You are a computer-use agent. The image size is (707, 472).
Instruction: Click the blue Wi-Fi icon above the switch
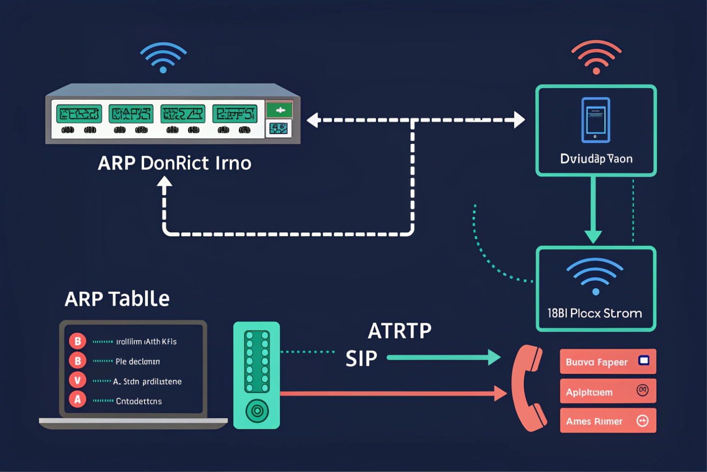coord(163,58)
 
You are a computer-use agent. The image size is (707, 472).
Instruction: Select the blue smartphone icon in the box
coord(595,120)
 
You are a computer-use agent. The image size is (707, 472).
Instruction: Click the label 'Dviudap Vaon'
coord(596,159)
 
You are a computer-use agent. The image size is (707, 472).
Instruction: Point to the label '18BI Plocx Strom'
coord(595,313)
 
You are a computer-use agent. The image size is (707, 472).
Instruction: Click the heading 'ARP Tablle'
coord(117,299)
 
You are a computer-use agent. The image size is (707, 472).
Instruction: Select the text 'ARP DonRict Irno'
coord(174,163)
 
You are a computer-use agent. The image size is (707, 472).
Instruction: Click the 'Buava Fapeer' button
coord(608,362)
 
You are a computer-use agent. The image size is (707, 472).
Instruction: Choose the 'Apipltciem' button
coord(608,391)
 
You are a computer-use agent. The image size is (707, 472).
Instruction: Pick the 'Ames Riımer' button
coord(608,421)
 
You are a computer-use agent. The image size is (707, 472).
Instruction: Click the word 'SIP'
coord(361,359)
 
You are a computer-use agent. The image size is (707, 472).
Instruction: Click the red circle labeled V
coord(78,380)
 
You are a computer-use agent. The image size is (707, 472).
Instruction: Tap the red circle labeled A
coord(78,399)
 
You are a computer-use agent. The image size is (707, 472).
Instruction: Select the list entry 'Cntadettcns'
coord(139,401)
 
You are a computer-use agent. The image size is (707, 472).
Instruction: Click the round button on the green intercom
coord(257,411)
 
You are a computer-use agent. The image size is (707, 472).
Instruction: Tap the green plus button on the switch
coord(280,110)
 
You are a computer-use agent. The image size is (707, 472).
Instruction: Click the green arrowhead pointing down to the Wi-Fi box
coord(593,236)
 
